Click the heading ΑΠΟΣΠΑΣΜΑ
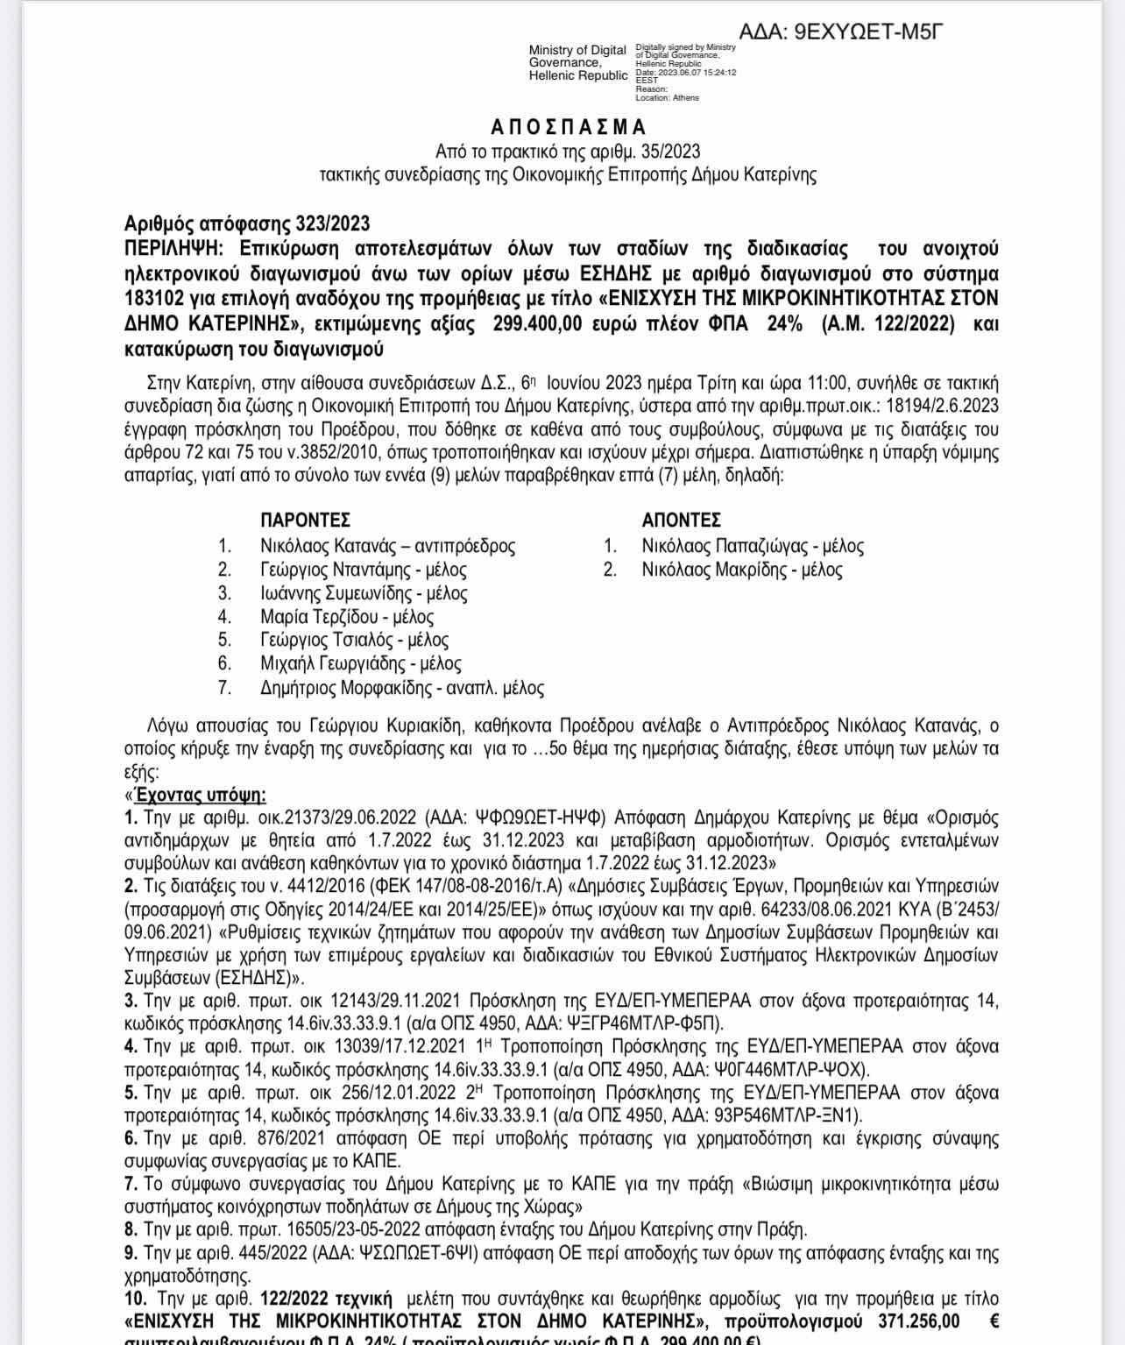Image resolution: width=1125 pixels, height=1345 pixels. [568, 127]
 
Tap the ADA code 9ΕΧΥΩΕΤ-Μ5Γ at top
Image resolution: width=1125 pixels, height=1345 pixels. [867, 32]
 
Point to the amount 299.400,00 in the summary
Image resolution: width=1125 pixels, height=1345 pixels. [537, 323]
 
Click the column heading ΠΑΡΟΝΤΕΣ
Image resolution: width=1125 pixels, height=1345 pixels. [305, 520]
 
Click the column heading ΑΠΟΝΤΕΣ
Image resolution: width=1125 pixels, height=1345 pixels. [681, 520]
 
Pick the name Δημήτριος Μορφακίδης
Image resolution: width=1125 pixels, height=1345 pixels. [347, 688]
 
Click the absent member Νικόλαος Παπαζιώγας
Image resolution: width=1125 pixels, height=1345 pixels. [724, 546]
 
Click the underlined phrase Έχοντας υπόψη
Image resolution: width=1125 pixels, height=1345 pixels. [200, 795]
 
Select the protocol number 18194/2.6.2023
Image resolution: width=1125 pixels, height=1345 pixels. [942, 406]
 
